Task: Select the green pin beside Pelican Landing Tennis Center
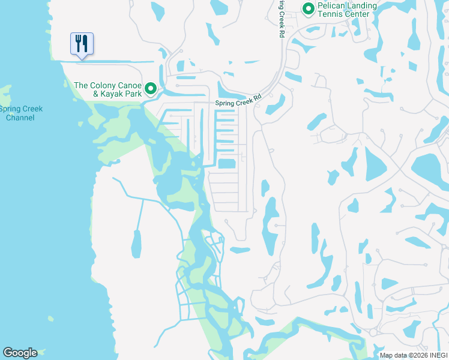click(309, 9)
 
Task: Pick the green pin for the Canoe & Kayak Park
click(151, 89)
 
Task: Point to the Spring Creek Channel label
click(20, 113)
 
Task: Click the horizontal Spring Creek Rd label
click(240, 100)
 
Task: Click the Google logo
click(20, 353)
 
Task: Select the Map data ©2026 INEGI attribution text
click(413, 355)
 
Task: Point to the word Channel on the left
click(20, 118)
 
